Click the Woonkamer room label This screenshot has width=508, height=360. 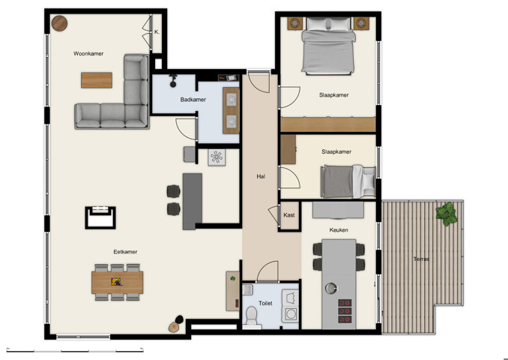tap(88, 54)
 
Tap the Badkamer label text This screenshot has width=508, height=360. tap(193, 100)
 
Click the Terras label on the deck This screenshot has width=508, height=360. tap(421, 259)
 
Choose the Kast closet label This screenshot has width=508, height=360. tap(289, 215)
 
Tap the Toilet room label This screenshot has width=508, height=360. tap(264, 304)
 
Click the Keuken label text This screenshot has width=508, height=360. tap(339, 230)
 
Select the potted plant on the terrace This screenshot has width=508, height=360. tap(447, 213)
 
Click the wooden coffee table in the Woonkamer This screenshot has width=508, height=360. tap(96, 79)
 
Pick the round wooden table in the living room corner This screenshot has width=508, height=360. tap(59, 24)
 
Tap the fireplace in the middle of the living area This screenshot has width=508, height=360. tap(100, 217)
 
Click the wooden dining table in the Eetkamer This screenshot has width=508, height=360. tap(117, 282)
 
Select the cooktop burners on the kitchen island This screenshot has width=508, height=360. tap(346, 309)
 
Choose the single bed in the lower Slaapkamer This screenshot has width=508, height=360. tap(347, 181)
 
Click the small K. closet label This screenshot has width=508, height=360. tap(157, 32)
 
